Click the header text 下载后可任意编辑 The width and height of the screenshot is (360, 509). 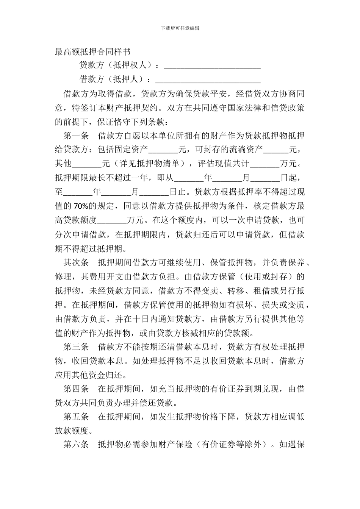tap(180, 28)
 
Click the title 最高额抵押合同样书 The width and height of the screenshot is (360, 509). tap(92, 52)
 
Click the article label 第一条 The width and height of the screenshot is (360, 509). tap(76, 136)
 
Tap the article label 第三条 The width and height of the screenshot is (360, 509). tap(76, 347)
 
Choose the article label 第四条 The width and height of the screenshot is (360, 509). tap(76, 389)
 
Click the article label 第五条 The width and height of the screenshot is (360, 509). tap(76, 417)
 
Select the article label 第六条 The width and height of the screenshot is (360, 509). tap(76, 445)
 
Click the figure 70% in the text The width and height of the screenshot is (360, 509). tap(81, 206)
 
